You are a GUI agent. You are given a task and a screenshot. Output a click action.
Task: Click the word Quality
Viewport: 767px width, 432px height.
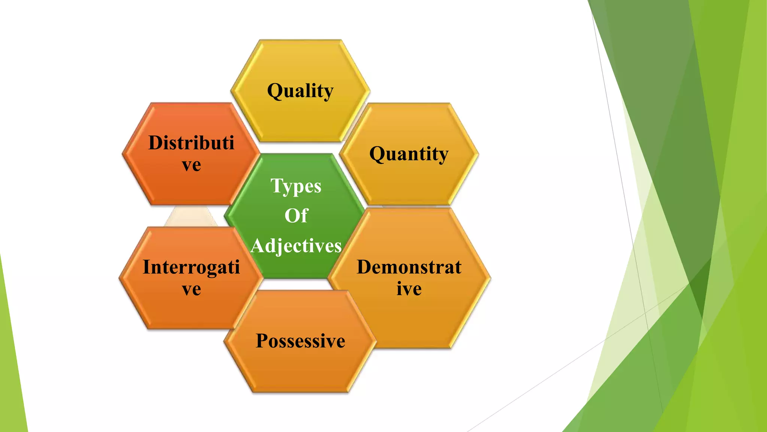pos(300,91)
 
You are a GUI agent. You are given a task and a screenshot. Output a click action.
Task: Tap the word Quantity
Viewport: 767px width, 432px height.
pos(409,154)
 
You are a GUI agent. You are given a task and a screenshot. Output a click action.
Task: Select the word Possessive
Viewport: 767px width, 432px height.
pos(300,341)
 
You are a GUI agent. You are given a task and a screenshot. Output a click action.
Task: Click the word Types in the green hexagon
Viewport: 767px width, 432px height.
pos(296,186)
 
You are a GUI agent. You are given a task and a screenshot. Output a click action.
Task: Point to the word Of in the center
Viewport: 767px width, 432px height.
pos(296,216)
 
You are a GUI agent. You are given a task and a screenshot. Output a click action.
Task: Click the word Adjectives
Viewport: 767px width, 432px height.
pos(296,246)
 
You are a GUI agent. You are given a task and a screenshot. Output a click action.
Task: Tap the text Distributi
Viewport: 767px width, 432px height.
pos(191,143)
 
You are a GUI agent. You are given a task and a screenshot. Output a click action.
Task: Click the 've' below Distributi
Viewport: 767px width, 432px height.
pos(191,165)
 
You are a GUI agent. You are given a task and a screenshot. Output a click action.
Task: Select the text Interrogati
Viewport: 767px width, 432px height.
pos(191,267)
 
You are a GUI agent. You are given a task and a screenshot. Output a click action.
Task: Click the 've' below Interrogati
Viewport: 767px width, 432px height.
pos(191,289)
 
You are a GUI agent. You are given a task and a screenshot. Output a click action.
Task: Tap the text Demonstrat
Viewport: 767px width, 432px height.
pos(409,267)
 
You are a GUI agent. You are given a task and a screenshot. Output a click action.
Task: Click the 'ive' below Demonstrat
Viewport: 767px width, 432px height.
pos(409,289)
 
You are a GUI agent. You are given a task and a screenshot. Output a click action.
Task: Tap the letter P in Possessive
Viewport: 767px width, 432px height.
pos(262,341)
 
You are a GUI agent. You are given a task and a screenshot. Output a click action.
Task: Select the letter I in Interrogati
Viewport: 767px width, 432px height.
pos(146,267)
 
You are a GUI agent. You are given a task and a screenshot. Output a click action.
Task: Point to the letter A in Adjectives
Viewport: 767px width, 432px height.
pos(258,246)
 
